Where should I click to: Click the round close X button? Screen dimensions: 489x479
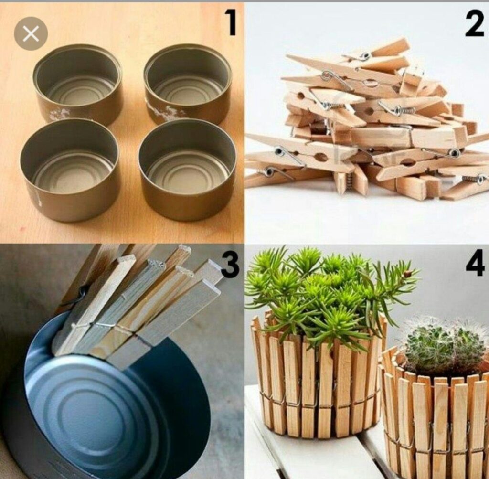(x=31, y=34)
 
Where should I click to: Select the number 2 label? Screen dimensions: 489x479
(x=474, y=23)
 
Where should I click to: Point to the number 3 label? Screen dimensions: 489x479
(x=230, y=265)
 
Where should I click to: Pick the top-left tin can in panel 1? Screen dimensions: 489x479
(x=78, y=84)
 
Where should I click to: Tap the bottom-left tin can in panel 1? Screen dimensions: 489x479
(x=70, y=170)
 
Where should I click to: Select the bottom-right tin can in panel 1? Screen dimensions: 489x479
(x=187, y=169)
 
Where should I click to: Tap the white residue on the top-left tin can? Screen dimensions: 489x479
(x=59, y=115)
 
